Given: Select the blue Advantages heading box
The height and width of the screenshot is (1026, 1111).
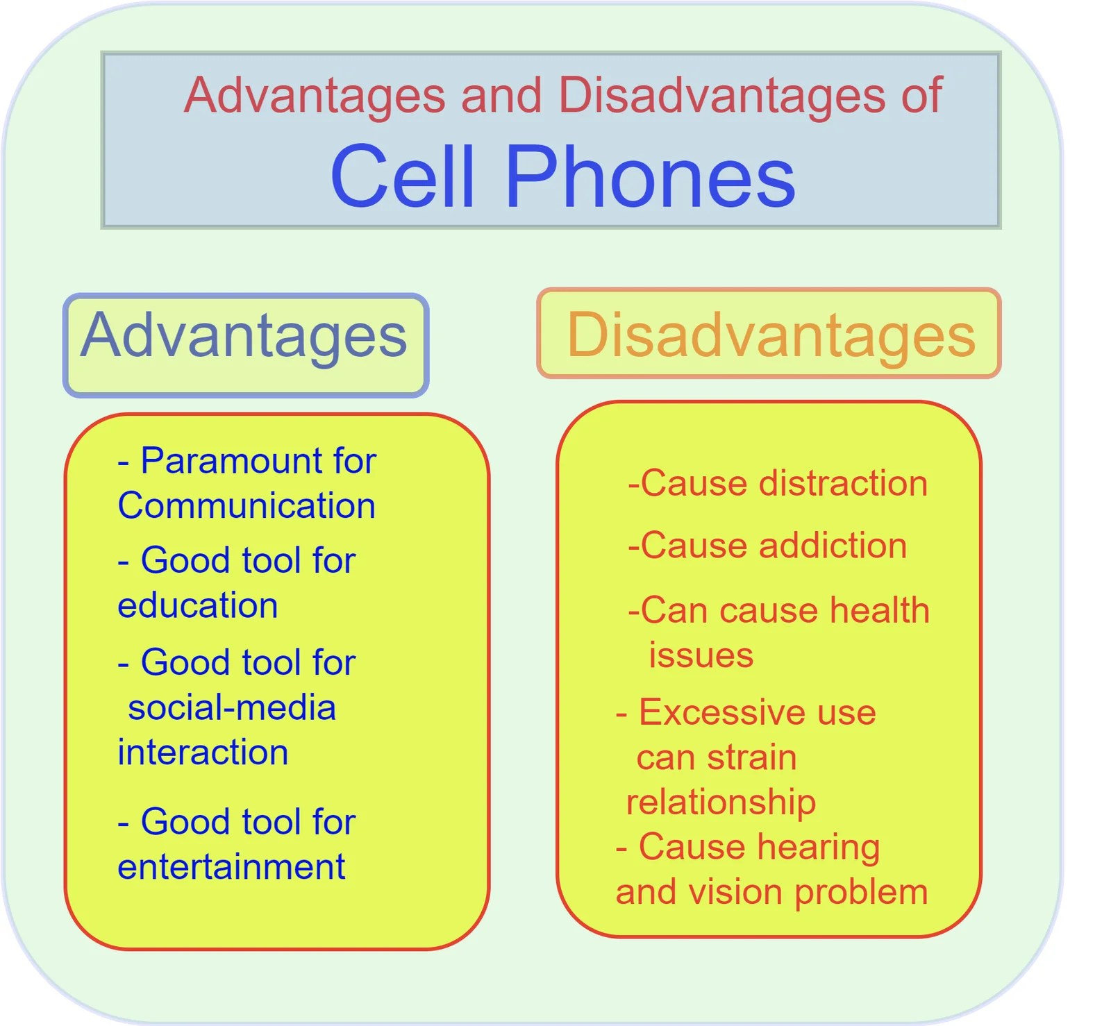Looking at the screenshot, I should (246, 345).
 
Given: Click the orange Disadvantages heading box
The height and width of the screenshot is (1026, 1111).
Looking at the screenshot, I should (769, 333).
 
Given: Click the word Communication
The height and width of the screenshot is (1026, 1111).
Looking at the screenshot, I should (247, 505).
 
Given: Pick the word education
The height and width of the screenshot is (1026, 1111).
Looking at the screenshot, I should (198, 605).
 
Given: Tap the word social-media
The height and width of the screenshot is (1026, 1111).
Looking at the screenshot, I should (232, 708).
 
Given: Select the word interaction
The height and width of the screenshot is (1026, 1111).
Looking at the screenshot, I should (203, 752).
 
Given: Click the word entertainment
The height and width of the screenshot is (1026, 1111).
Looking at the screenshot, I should (231, 867).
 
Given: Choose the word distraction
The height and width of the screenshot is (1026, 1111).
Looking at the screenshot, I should (843, 483).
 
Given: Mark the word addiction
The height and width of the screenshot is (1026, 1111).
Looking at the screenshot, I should (833, 546).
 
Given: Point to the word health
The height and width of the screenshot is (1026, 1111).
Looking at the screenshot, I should (879, 611).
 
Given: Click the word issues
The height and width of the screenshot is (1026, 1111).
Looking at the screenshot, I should (701, 655).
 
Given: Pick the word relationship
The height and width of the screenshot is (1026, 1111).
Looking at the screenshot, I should (721, 802).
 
